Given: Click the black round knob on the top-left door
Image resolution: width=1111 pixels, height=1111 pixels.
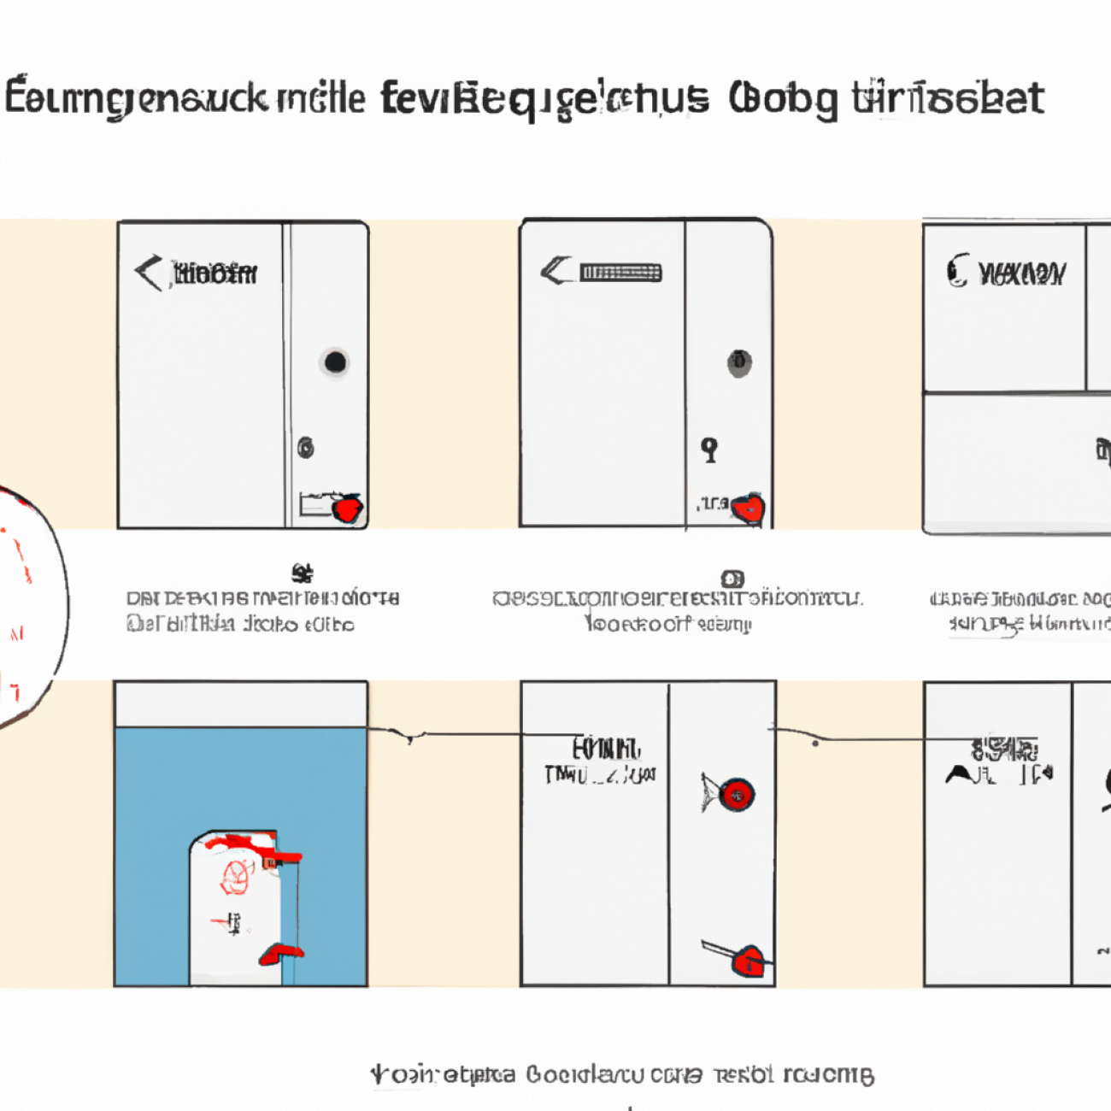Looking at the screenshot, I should pos(335,362).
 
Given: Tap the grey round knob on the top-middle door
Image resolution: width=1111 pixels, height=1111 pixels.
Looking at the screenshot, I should pos(739,363).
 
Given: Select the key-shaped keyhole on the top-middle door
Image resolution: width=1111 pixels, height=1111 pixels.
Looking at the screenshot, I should pos(709,449).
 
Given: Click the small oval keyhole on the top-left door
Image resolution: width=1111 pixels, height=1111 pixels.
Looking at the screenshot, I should pos(306,447).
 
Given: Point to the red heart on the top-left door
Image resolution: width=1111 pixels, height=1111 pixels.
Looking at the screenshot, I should pos(348,509).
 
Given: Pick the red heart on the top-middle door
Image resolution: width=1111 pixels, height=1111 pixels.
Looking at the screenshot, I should pos(749,509).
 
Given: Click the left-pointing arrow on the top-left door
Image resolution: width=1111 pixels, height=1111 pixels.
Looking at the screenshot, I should pos(149,273).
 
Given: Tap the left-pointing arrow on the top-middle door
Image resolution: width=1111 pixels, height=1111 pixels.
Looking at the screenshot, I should pos(556,272).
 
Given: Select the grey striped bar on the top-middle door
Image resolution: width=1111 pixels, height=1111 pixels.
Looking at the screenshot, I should pos(620,273).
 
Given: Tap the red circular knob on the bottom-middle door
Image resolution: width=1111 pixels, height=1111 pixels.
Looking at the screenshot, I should pos(736,795).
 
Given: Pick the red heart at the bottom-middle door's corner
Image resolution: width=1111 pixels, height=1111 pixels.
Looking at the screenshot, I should pos(749,960).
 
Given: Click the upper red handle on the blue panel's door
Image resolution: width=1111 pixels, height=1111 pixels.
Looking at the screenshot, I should pos(282,855).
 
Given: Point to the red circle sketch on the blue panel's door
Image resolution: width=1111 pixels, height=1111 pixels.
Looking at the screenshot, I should pos(237,877).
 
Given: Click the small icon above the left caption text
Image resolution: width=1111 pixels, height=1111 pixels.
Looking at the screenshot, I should pos(301,573).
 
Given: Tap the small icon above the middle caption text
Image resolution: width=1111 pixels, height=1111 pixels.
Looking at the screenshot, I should pos(732,579).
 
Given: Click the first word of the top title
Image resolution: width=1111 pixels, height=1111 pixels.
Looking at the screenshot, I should pos(141,99).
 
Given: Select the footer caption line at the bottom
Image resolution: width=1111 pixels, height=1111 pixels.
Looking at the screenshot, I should pos(622,1074).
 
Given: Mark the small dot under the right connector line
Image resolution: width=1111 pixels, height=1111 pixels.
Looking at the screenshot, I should pos(815,744).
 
